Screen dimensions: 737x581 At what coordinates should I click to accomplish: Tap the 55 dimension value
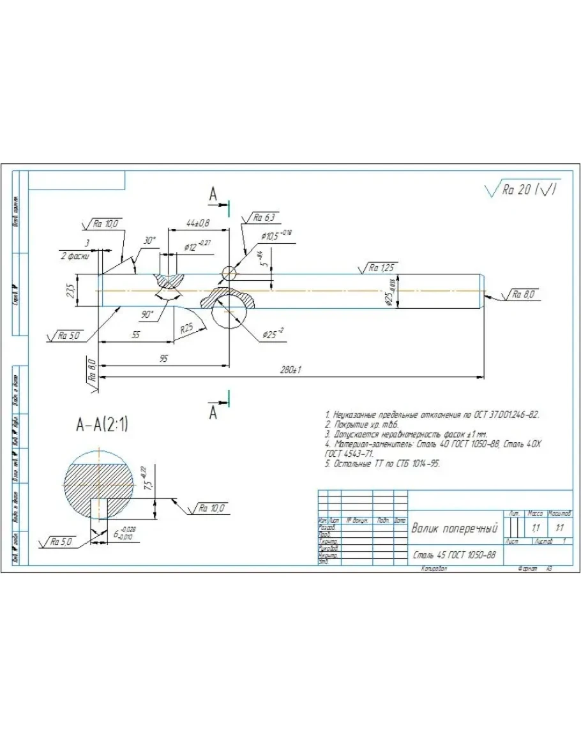point(135,334)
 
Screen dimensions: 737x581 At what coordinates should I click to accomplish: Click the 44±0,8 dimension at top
point(198,222)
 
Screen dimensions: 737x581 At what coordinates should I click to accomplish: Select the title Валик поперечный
point(454,528)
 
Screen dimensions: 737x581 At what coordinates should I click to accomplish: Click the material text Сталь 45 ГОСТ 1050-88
point(453,555)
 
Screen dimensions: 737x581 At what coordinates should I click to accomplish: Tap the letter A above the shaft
point(214,195)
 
